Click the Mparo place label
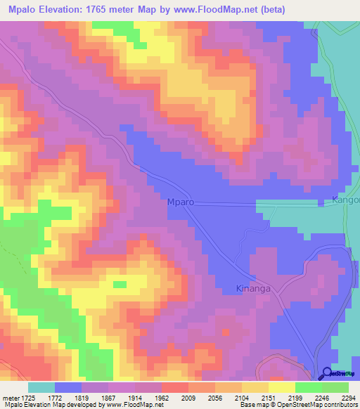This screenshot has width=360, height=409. coord(180,202)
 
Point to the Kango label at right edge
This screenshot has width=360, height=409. coord(345,201)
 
